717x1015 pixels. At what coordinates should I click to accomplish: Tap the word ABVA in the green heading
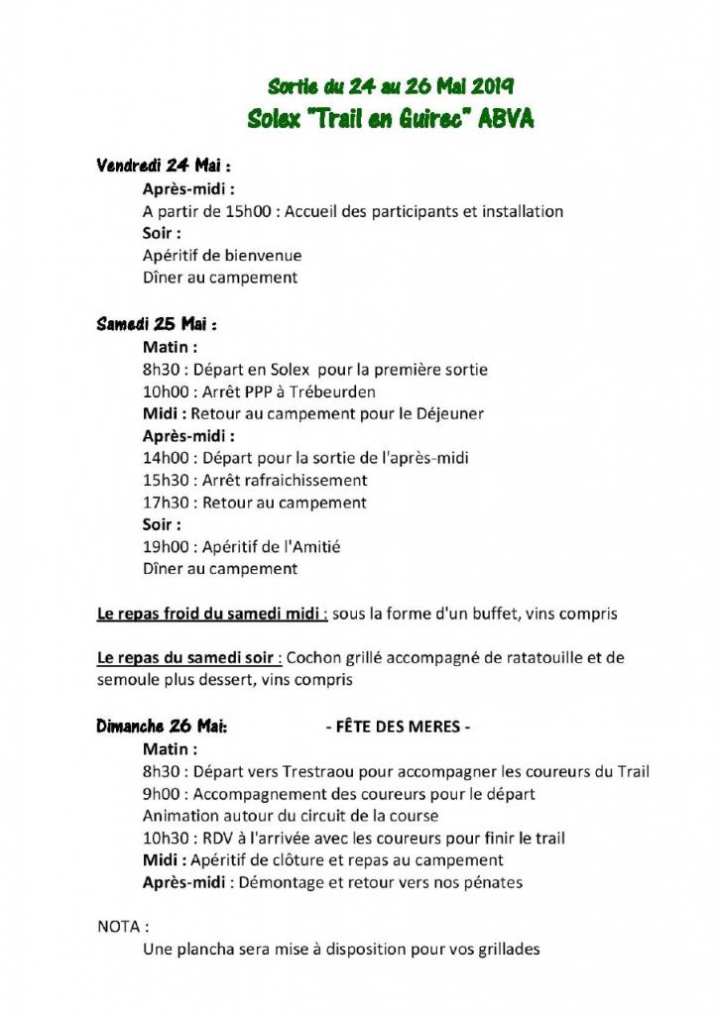506,119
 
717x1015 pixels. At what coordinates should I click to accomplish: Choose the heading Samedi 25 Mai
156,324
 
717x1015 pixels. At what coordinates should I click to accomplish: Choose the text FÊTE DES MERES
398,727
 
